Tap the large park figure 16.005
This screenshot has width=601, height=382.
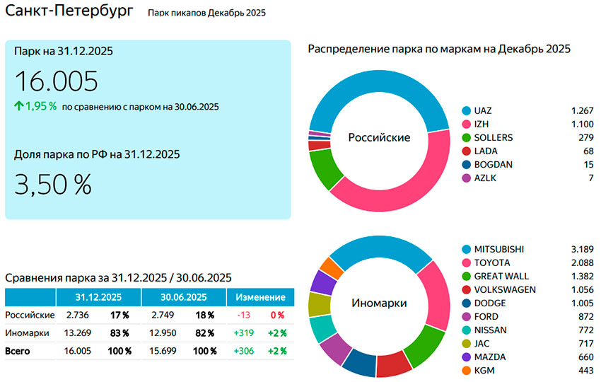56,81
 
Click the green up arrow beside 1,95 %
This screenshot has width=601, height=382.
19,106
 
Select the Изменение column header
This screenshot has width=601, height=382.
259,296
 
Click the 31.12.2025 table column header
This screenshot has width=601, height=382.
98,296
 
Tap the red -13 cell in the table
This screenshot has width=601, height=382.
245,315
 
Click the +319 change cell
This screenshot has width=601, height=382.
244,332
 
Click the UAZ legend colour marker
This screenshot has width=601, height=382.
466,111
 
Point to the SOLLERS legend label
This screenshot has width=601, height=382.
494,137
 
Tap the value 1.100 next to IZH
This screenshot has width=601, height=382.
582,125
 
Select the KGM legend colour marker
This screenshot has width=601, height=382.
466,371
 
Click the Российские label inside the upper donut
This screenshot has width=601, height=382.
379,138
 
